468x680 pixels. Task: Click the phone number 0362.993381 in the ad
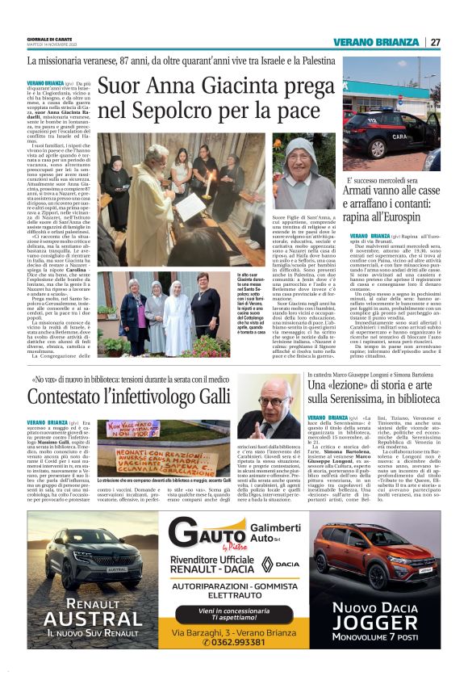pyautogui.click(x=235, y=664)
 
